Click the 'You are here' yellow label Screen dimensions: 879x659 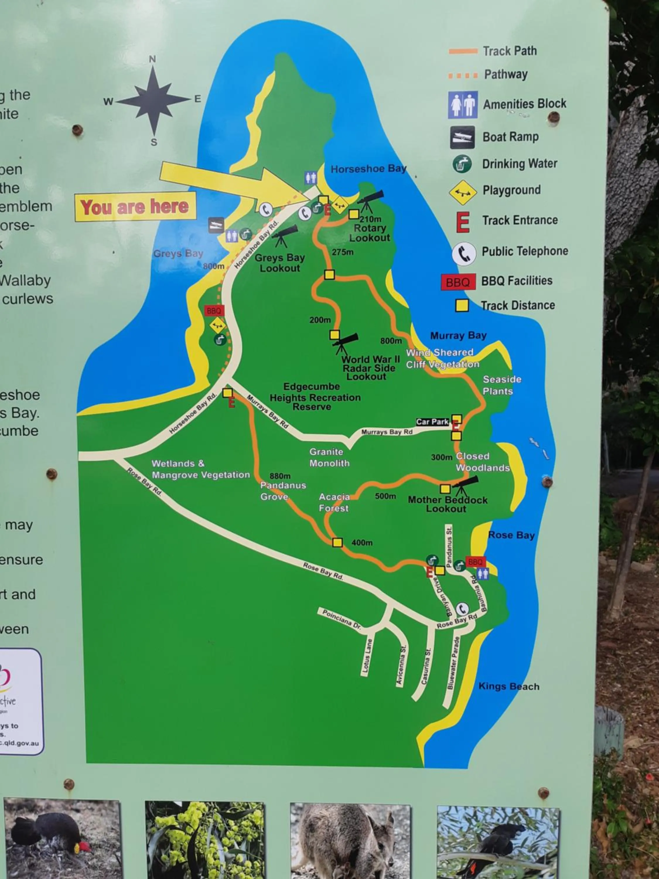[135, 207]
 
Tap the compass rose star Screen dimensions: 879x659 [153, 100]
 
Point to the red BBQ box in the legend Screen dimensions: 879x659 [458, 282]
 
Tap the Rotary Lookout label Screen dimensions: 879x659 [369, 233]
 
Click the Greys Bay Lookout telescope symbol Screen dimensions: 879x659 [284, 235]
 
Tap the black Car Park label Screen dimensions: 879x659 [432, 422]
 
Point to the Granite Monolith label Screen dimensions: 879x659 [329, 457]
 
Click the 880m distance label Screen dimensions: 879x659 [280, 476]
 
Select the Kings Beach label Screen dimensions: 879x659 [508, 686]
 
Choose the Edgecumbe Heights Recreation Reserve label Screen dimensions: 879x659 [315, 397]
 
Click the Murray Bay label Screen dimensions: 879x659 [458, 335]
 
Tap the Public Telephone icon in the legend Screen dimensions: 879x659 [464, 253]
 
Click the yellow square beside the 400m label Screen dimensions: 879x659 [337, 542]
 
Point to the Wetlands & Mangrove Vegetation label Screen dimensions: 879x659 [201, 469]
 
